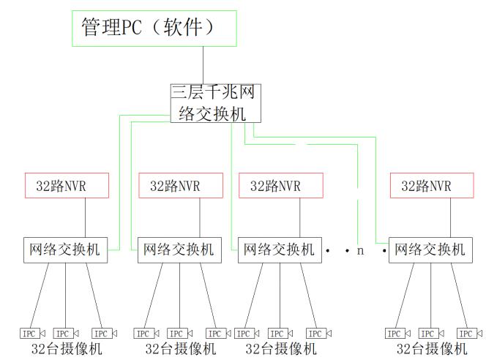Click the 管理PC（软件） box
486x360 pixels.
[x=154, y=29]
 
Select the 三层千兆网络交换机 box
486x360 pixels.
[x=214, y=103]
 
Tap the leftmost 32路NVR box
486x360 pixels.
[x=67, y=186]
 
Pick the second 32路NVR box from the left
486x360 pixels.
[x=180, y=186]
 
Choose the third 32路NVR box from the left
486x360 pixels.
[x=280, y=186]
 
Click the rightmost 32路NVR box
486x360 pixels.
[x=430, y=186]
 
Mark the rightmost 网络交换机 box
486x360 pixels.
[x=430, y=250]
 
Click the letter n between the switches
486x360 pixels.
[x=360, y=250]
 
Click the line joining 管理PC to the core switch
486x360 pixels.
[x=203, y=65]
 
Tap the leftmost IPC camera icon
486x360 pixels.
[x=31, y=334]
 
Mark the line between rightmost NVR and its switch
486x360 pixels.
[x=432, y=217]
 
